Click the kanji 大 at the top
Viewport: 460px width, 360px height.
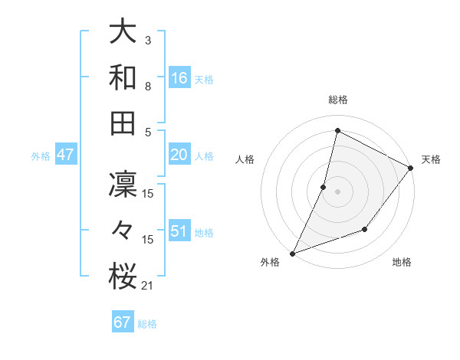coord(123,32)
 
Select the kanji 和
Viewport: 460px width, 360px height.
coord(123,77)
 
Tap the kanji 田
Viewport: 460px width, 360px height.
coord(123,123)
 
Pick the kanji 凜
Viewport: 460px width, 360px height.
coord(123,185)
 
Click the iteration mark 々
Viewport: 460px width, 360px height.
coord(123,231)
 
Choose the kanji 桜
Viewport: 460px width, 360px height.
coord(123,276)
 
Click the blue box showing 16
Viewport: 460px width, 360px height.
coord(179,78)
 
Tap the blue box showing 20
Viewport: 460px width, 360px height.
coord(179,155)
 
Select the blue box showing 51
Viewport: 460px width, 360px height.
coord(179,231)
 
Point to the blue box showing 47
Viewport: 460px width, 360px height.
coord(66,155)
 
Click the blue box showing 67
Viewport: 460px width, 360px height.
coord(123,322)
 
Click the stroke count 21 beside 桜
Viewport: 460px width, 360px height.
coord(148,286)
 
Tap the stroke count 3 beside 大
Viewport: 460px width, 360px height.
coord(148,41)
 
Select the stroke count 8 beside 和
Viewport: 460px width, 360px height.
coord(148,87)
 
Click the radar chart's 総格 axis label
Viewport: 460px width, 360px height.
coord(337,100)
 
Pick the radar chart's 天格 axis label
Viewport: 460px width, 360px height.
coord(431,159)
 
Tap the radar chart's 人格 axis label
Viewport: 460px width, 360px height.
coord(245,159)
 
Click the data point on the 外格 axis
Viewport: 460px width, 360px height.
coord(292,253)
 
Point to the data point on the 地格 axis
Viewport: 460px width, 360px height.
coord(365,228)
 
